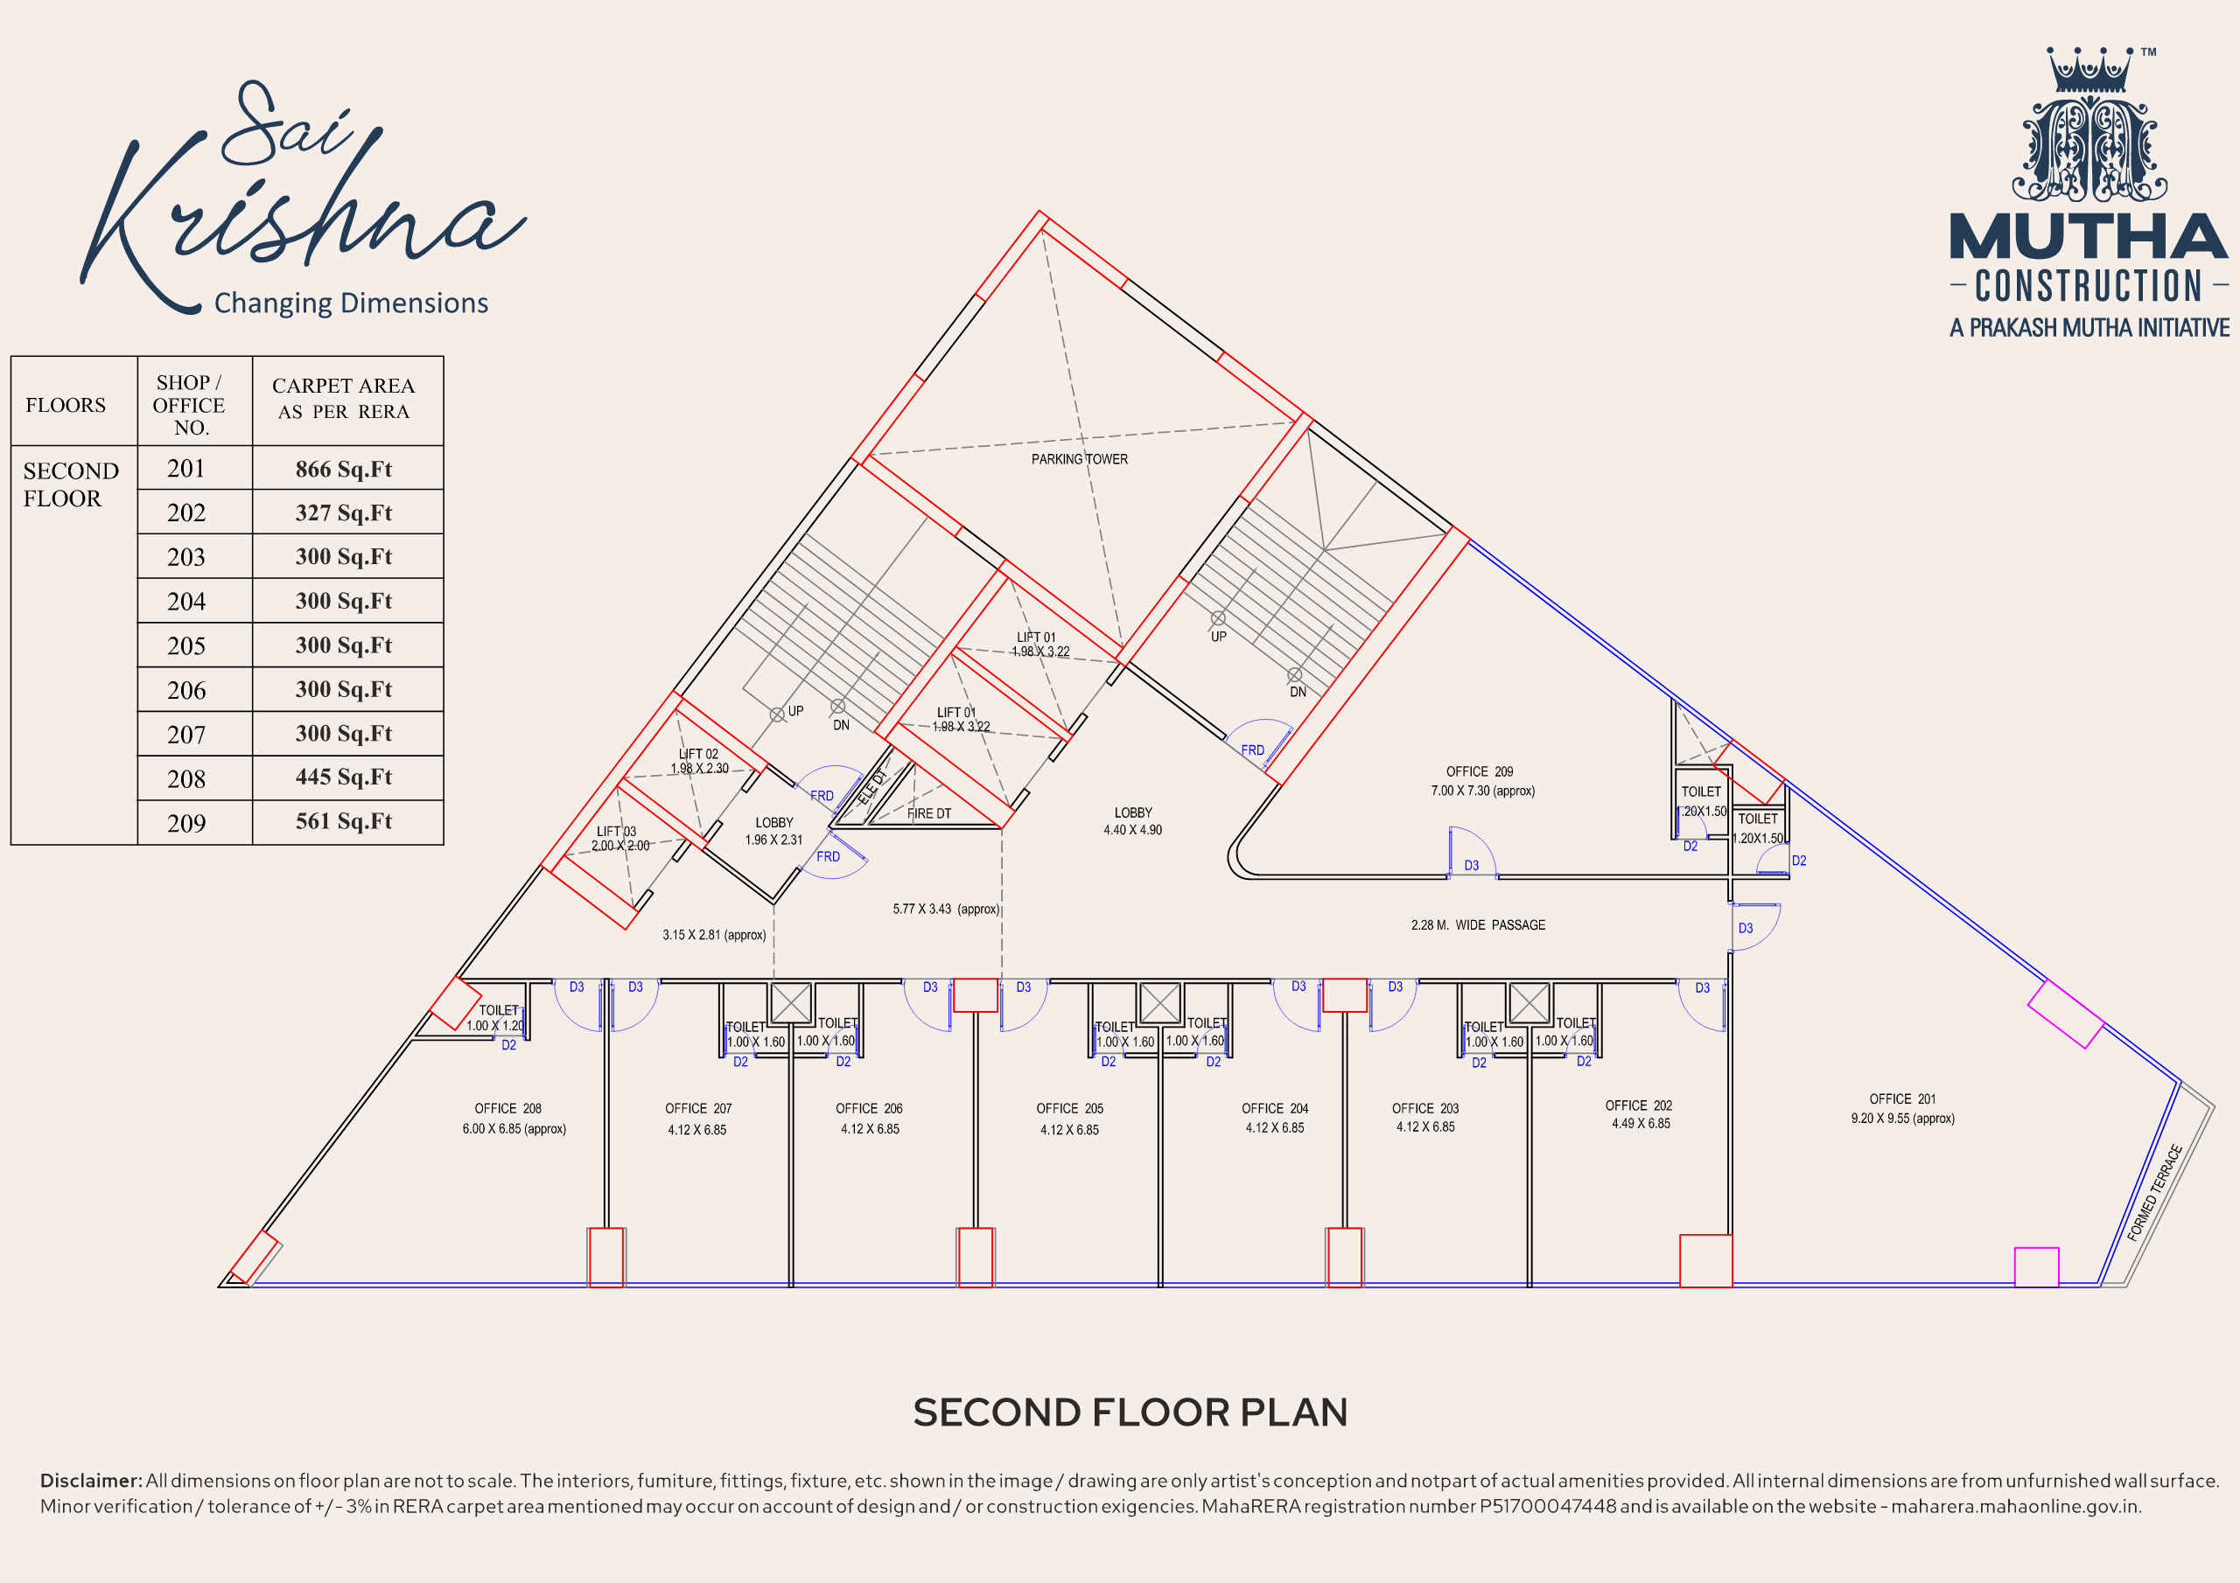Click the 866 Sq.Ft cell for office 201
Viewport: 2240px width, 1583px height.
343,469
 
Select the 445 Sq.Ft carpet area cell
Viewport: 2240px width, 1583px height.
343,778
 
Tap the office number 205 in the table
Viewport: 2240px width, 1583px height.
186,645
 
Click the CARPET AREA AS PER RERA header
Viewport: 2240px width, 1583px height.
343,399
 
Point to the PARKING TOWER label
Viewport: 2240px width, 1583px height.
1079,459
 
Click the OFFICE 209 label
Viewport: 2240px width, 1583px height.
1479,771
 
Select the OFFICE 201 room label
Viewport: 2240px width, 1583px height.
1902,1099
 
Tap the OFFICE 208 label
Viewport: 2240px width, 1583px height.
507,1109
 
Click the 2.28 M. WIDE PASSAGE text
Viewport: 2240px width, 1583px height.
1478,924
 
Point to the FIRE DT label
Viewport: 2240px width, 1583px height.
928,813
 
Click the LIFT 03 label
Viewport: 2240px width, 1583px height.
617,832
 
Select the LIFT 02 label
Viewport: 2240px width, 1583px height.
698,754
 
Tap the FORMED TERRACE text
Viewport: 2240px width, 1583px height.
2154,1193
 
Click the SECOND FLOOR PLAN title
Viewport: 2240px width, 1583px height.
1130,1412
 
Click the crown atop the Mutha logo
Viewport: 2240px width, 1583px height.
2089,70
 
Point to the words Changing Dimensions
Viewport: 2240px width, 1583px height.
351,303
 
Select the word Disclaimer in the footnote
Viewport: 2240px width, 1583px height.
91,1481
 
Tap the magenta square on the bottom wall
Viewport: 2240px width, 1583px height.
2036,1267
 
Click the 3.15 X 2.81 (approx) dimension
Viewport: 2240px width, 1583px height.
714,934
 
